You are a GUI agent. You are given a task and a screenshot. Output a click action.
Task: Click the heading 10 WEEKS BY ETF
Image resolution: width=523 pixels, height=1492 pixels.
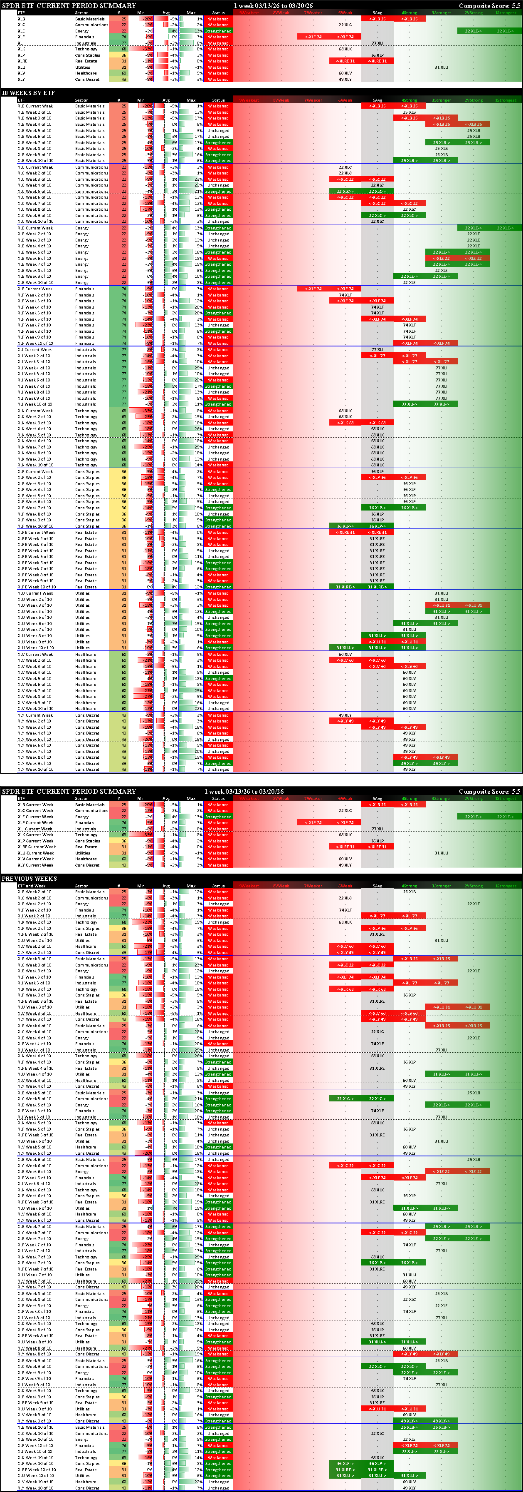pyautogui.click(x=28, y=93)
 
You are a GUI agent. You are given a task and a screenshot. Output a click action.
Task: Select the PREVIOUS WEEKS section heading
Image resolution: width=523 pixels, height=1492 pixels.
pyautogui.click(x=29, y=879)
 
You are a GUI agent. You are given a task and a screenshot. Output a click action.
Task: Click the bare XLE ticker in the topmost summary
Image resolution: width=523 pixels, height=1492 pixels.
pyautogui.click(x=21, y=31)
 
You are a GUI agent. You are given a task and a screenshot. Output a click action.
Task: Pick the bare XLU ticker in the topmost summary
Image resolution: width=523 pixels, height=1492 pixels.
pyautogui.click(x=21, y=67)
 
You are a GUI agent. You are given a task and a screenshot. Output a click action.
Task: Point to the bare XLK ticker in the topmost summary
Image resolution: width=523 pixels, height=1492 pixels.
pyautogui.click(x=21, y=49)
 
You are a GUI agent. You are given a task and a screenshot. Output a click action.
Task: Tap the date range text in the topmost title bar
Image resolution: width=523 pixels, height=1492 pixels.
pyautogui.click(x=273, y=6)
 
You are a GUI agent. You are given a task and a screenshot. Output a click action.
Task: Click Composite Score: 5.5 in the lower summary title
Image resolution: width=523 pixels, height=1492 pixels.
pyautogui.click(x=489, y=791)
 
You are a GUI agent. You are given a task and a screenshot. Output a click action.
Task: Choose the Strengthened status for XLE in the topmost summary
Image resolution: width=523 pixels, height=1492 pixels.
pyautogui.click(x=218, y=31)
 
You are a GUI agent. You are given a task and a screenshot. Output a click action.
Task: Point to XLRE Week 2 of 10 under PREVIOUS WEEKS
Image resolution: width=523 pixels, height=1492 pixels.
pyautogui.click(x=35, y=934)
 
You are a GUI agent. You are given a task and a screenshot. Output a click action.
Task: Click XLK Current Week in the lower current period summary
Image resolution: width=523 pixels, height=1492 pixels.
pyautogui.click(x=35, y=834)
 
